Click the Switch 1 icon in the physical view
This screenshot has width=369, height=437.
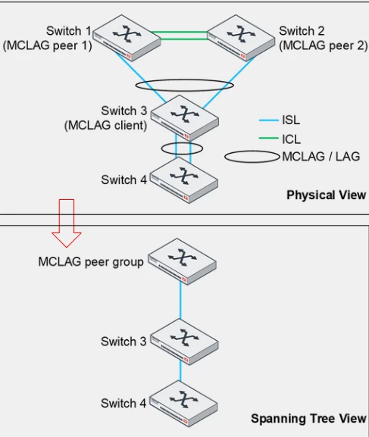pyautogui.click(x=127, y=38)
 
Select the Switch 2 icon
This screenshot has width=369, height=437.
pyautogui.click(x=241, y=37)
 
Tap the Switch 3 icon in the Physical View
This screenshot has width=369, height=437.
pyautogui.click(x=185, y=117)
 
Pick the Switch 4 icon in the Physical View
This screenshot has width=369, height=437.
pyautogui.click(x=184, y=180)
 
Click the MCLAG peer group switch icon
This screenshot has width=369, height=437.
pyautogui.click(x=182, y=261)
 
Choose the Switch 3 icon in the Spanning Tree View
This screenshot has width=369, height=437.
pyautogui.click(x=184, y=342)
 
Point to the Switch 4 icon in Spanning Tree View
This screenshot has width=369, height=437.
pyautogui.click(x=183, y=404)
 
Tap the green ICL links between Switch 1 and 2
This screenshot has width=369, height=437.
pyautogui.click(x=180, y=36)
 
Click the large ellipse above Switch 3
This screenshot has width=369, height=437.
pyautogui.click(x=185, y=80)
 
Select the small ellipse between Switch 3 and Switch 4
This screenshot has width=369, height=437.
pyautogui.click(x=182, y=143)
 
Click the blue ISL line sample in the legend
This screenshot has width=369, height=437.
pyautogui.click(x=269, y=120)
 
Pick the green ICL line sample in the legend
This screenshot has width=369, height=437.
pyautogui.click(x=269, y=139)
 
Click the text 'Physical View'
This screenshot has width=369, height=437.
pyautogui.click(x=327, y=195)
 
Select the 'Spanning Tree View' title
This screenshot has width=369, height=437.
pyautogui.click(x=308, y=418)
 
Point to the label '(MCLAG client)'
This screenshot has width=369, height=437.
pyautogui.click(x=106, y=125)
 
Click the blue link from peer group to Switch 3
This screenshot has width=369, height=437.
pyautogui.click(x=180, y=301)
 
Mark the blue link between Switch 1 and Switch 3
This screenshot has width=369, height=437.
pyautogui.click(x=141, y=77)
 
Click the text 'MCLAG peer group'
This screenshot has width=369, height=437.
pyautogui.click(x=91, y=262)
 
